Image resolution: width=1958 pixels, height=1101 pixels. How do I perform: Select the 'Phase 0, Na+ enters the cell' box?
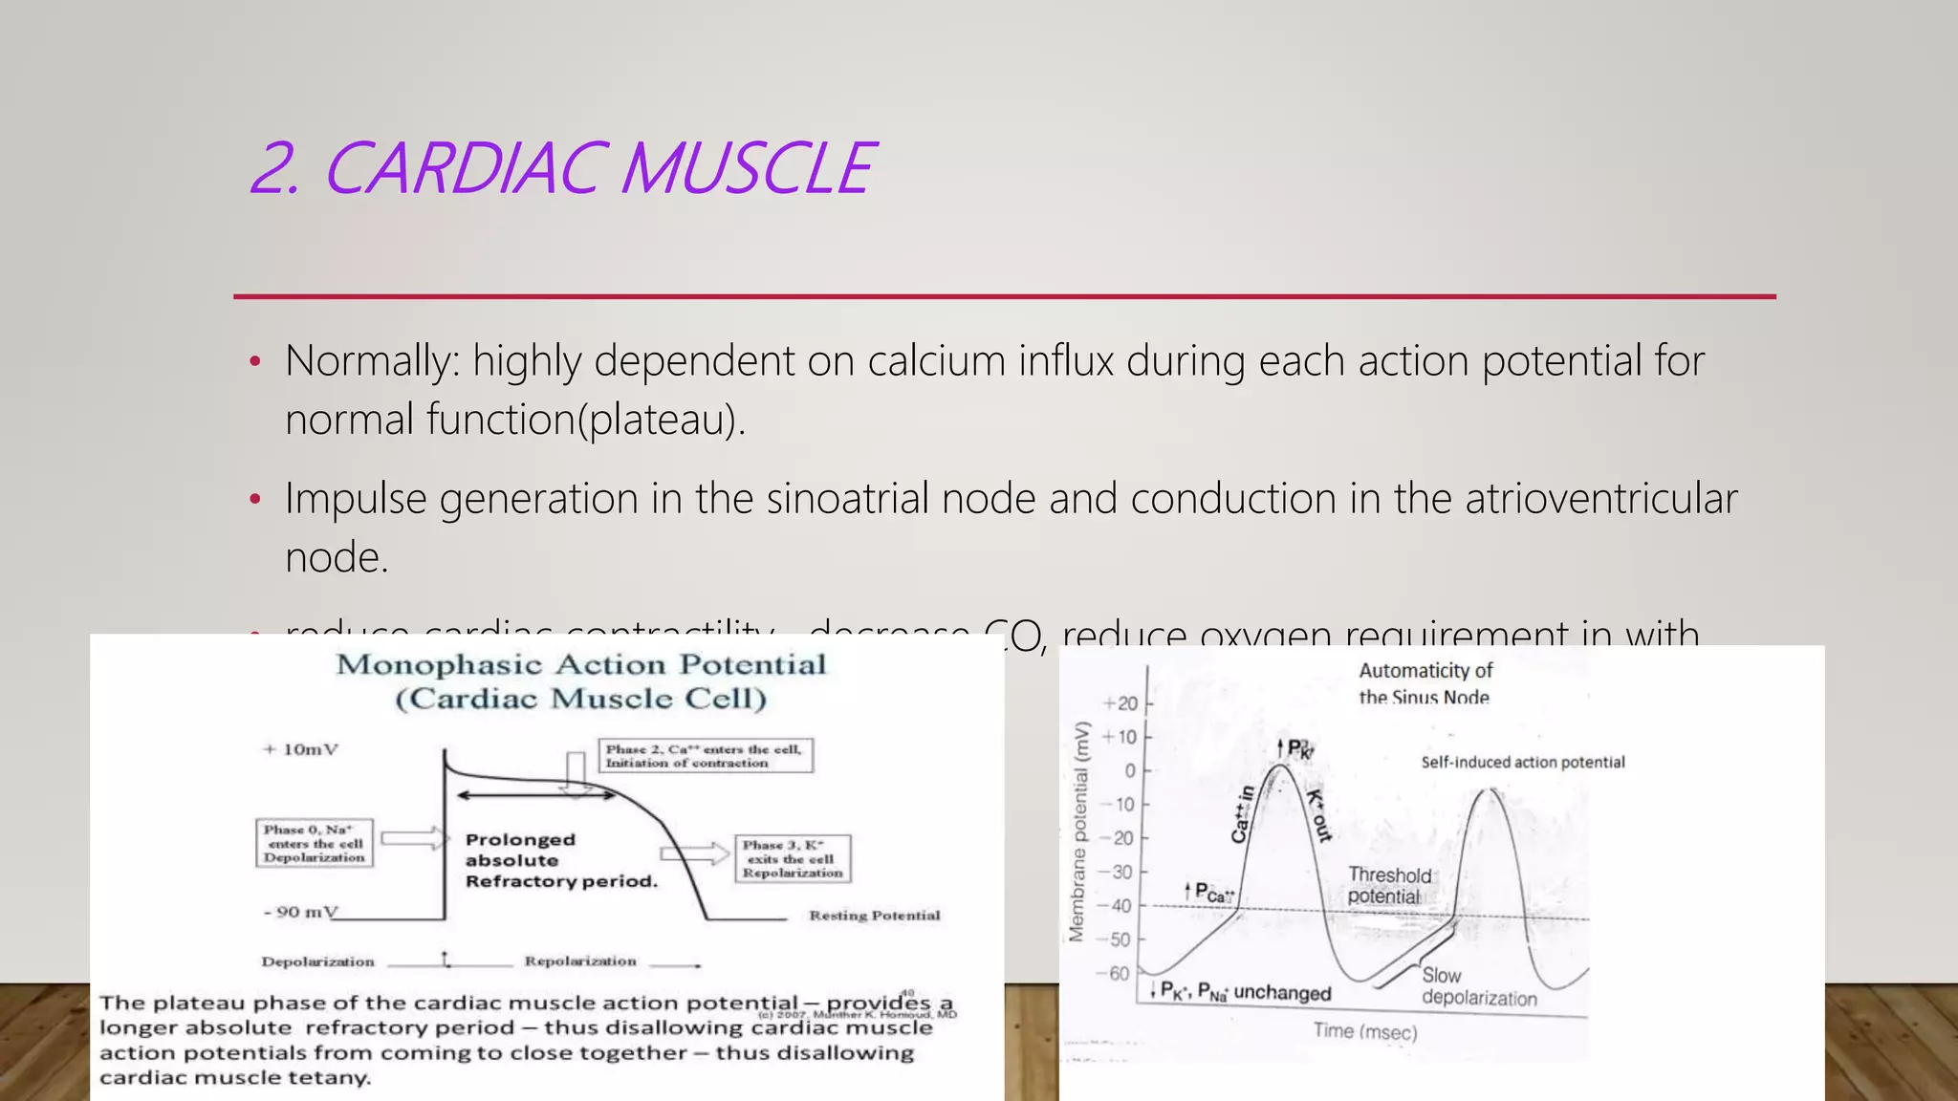[x=315, y=843]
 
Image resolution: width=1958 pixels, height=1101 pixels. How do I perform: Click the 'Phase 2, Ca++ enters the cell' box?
[x=705, y=755]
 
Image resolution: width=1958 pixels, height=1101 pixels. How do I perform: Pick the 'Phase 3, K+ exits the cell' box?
[x=793, y=858]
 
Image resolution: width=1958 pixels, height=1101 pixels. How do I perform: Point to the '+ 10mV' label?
[x=301, y=749]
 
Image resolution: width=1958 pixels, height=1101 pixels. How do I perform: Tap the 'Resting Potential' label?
[x=874, y=916]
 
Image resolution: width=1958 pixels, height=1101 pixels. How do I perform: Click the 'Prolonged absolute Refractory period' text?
[x=560, y=860]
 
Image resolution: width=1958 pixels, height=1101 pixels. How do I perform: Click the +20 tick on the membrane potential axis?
[x=1120, y=704]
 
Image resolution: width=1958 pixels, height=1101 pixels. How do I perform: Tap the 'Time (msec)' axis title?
[x=1364, y=1031]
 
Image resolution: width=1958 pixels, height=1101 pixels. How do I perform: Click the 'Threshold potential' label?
[x=1388, y=886]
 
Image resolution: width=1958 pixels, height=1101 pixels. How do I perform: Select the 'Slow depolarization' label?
[x=1478, y=987]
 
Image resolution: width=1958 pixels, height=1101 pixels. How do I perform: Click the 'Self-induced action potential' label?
[x=1522, y=763]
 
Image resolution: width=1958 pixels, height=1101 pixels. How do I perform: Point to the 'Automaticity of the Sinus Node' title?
[x=1425, y=683]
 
